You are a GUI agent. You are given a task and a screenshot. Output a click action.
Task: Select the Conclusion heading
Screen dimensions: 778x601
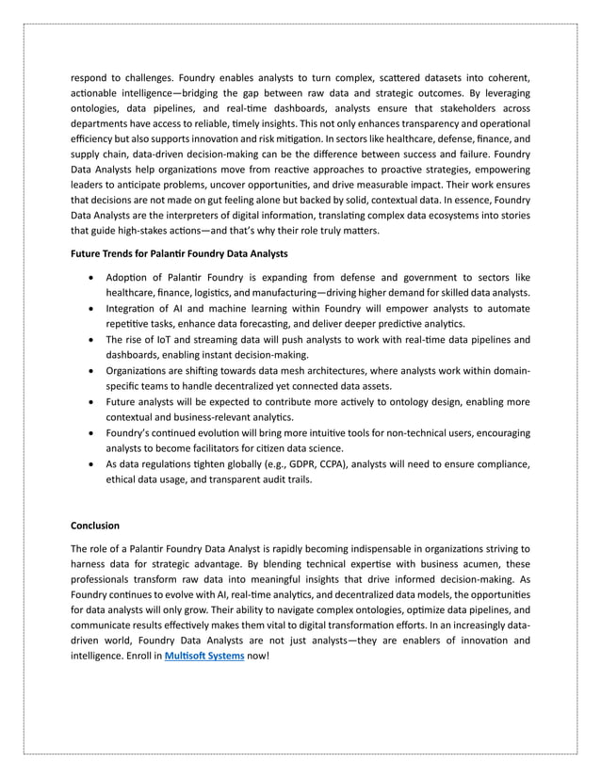coord(99,525)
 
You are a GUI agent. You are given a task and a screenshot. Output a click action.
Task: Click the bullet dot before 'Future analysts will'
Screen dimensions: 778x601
coord(89,402)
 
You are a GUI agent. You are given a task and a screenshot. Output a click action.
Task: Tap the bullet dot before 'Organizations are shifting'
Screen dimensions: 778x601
coord(89,371)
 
